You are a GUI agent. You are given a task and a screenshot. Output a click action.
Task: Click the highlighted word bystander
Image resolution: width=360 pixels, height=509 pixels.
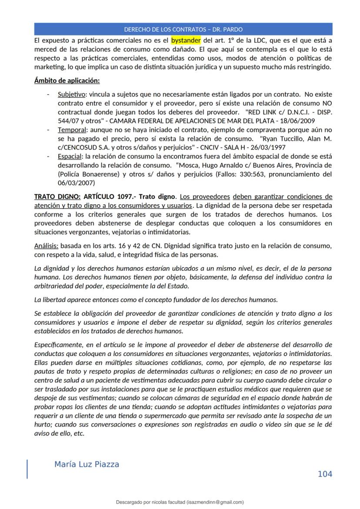pos(186,41)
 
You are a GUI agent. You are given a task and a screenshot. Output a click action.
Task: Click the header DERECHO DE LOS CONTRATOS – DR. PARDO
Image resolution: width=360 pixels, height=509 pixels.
pos(183,30)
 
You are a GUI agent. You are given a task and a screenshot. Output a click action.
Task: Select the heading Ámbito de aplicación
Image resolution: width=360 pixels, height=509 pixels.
pos(67,81)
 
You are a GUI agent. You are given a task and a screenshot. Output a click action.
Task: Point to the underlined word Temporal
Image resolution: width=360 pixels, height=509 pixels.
pos(71,130)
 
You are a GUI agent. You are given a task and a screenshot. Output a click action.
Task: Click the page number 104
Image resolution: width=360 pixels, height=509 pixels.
pos(325,474)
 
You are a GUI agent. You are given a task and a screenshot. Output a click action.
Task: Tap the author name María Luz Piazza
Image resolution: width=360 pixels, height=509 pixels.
pos(87,464)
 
